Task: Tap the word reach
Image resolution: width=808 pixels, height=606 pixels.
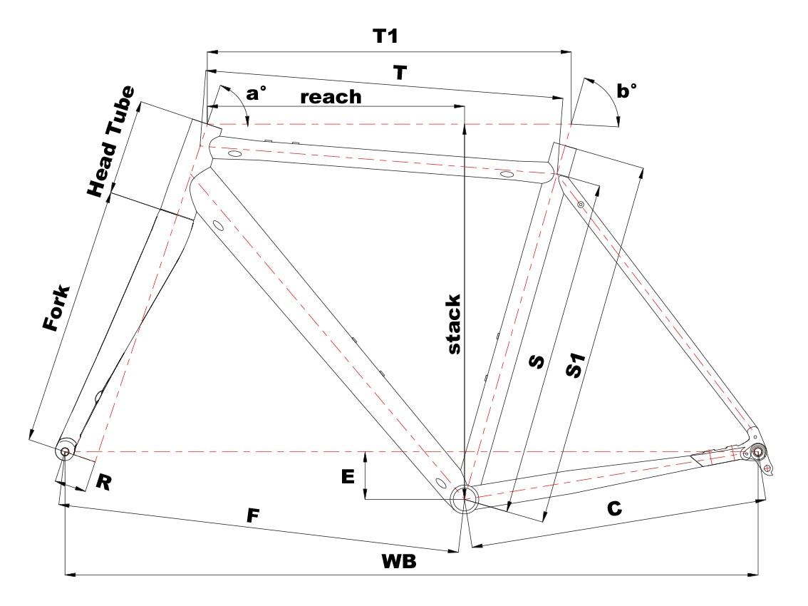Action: (331, 97)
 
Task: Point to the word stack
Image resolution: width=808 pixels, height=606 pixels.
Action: (455, 324)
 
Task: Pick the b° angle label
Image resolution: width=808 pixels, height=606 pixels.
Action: (626, 91)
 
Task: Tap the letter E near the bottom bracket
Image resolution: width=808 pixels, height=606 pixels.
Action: (348, 477)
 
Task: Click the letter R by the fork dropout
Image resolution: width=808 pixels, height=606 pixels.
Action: (104, 483)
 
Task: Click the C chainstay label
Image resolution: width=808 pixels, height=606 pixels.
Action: (614, 508)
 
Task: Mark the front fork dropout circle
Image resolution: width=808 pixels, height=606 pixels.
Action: (66, 451)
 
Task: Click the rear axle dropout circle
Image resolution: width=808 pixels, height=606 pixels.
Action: (757, 451)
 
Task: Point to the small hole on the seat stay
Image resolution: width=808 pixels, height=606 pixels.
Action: (581, 205)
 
